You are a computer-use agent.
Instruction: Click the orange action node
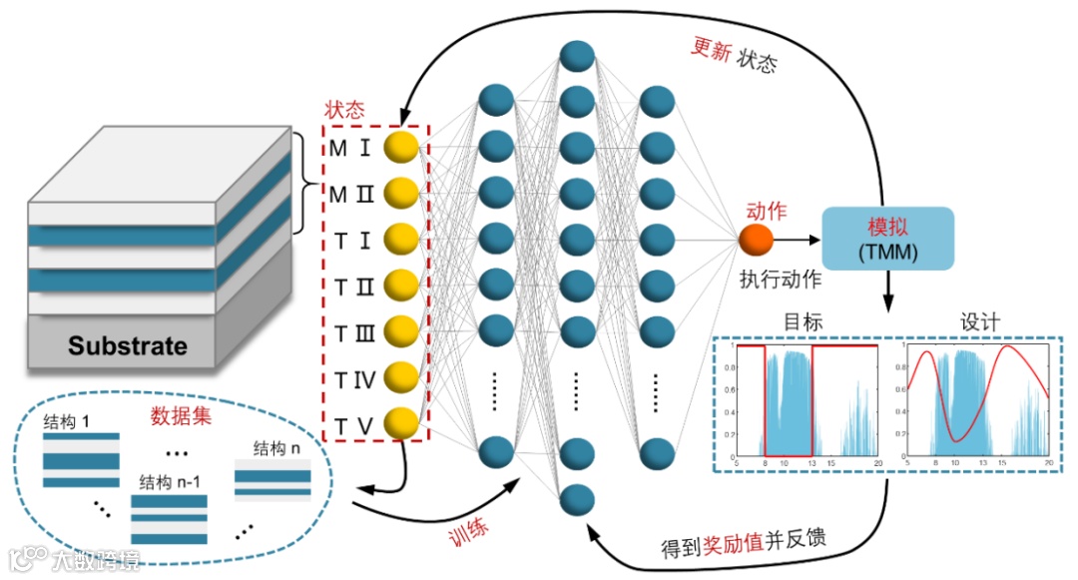(757, 240)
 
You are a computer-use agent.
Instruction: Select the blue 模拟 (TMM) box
(887, 237)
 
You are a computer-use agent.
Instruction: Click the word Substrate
(127, 346)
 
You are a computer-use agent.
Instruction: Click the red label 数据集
(181, 414)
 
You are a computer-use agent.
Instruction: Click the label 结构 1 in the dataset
(67, 422)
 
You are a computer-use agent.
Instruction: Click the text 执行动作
(781, 279)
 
